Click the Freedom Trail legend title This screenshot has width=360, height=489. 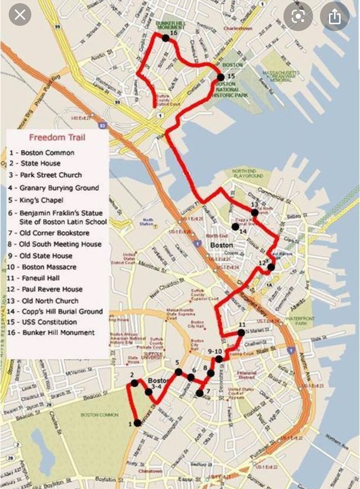click(x=57, y=137)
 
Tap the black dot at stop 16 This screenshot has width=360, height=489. click(x=165, y=38)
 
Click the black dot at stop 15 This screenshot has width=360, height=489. click(x=220, y=77)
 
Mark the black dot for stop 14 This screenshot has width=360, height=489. click(x=235, y=226)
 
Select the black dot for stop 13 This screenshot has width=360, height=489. click(x=255, y=212)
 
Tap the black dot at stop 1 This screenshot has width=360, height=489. click(x=137, y=423)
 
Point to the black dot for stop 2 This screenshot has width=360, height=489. click(x=133, y=383)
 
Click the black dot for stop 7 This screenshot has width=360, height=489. click(x=200, y=393)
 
